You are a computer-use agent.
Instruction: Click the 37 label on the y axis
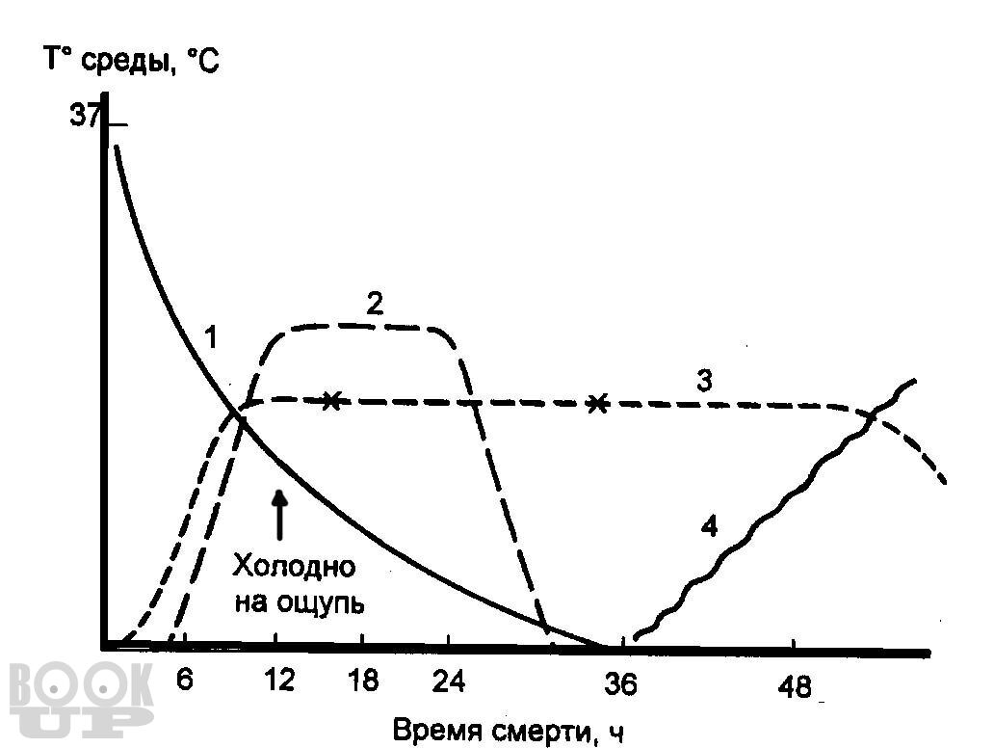click(85, 117)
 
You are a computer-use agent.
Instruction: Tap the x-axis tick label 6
click(186, 681)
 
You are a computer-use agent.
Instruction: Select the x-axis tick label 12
click(278, 681)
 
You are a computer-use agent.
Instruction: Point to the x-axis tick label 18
click(362, 681)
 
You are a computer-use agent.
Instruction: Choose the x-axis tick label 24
click(449, 681)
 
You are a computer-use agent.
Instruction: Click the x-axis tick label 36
click(620, 683)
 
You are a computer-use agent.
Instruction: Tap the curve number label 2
click(375, 304)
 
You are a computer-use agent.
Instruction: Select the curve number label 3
click(704, 381)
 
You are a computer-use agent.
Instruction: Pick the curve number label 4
click(709, 527)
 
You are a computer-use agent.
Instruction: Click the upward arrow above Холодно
click(280, 513)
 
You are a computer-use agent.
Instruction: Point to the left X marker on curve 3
click(330, 400)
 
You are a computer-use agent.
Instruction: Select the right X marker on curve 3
click(598, 403)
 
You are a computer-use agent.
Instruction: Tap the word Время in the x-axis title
click(430, 731)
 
